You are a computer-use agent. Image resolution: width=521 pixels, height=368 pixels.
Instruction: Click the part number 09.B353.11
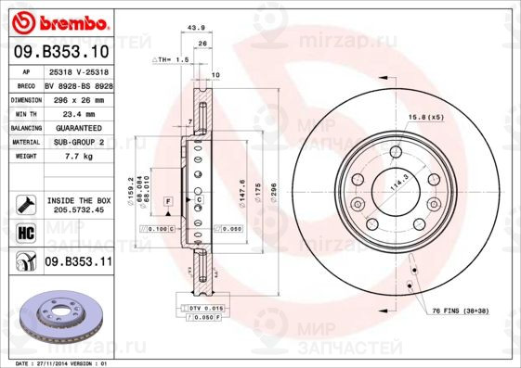tap(78, 262)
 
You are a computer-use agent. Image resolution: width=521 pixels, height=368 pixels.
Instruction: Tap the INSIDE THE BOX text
tap(78, 200)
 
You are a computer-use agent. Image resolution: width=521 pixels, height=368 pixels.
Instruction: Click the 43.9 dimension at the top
tap(196, 29)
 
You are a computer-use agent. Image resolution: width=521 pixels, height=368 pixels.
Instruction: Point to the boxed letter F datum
tap(168, 200)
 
